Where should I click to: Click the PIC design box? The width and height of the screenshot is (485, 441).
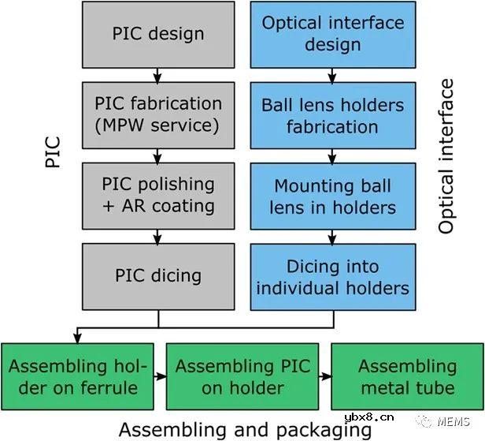pos(158,34)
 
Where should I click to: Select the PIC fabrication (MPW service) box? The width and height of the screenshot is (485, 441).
pos(158,115)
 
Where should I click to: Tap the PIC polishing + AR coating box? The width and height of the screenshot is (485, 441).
pos(158,195)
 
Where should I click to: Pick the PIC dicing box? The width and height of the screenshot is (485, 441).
pos(158,275)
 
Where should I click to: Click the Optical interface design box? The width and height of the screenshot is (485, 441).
pos(332,34)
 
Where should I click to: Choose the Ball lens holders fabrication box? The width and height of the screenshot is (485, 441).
pos(332,115)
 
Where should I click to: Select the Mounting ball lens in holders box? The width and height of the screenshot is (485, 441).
pos(332,196)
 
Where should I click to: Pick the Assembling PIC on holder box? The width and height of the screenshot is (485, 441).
pos(242,376)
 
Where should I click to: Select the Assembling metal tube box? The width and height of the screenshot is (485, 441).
pos(407,376)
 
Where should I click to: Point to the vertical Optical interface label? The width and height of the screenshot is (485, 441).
pos(446,155)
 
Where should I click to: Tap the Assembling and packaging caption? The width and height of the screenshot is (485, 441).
pos(244,429)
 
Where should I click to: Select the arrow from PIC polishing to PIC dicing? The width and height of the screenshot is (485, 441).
pos(158,235)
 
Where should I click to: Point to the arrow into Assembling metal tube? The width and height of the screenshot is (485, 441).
pos(324,376)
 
